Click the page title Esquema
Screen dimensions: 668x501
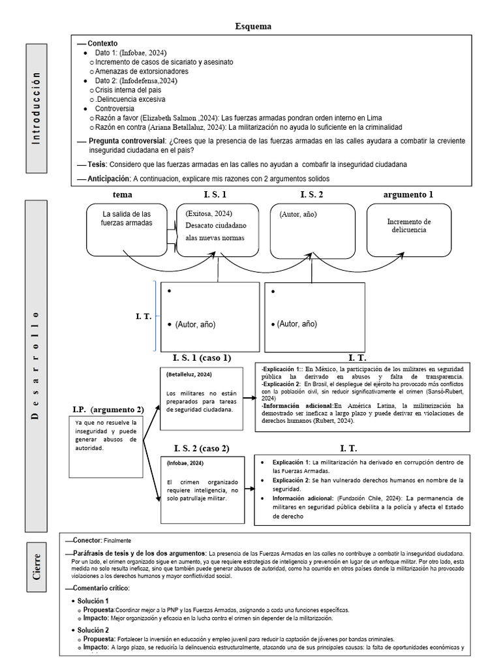[253, 27]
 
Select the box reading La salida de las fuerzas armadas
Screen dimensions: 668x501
[127, 229]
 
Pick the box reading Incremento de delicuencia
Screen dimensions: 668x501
[408, 229]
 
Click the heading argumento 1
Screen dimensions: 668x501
[408, 194]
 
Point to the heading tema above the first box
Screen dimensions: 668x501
[122, 194]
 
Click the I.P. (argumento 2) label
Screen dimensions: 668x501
[108, 409]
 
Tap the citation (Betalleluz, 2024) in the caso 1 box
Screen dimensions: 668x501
[189, 374]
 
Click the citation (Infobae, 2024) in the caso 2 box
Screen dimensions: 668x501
[185, 463]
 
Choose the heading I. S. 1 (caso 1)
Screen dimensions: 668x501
[202, 357]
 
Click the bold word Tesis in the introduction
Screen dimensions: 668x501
[97, 164]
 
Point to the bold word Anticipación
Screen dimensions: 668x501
[109, 178]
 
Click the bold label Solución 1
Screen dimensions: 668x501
[93, 600]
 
